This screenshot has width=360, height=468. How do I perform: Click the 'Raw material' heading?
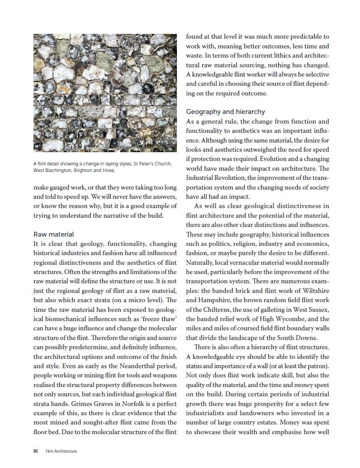pos(54,234)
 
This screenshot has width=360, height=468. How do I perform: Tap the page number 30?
pos(36,451)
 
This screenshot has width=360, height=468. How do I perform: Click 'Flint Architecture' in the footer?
pos(61,451)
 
